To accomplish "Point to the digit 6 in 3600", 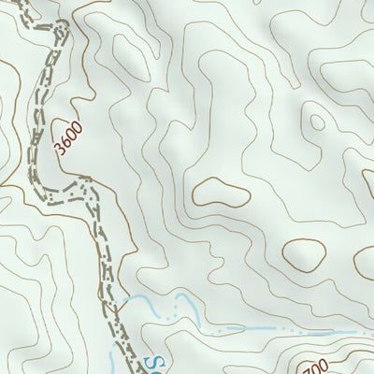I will click(65, 141).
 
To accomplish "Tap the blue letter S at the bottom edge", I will click(157, 362).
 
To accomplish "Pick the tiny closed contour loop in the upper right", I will click(317, 122).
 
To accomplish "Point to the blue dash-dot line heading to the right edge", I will click(280, 329).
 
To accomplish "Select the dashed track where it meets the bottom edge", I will click(131, 370).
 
